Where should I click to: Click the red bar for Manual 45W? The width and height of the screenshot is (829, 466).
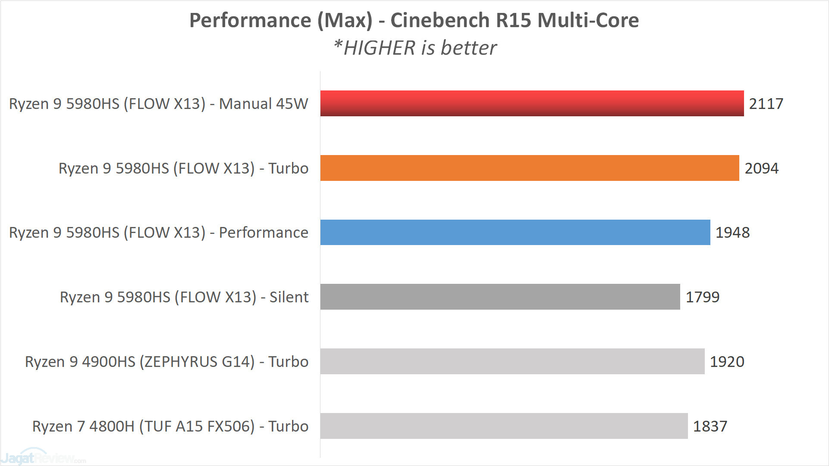point(532,103)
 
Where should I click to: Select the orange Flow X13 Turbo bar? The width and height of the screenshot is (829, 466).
point(529,168)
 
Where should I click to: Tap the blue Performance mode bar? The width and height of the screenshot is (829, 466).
point(515,233)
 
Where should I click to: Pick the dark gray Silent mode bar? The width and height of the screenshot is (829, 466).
point(500,297)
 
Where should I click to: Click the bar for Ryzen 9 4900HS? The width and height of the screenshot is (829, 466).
point(512,361)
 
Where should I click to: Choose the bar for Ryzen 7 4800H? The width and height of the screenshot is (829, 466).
point(504,426)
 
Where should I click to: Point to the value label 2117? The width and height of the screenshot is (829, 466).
point(766,104)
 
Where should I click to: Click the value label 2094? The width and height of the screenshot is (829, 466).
point(761,168)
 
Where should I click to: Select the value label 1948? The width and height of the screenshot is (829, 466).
point(732,233)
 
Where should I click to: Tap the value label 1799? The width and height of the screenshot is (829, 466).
point(702,297)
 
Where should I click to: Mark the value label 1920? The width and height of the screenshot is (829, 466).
point(727,362)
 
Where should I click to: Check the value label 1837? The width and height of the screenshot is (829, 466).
point(710,426)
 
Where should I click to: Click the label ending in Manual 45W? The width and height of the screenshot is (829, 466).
point(159,104)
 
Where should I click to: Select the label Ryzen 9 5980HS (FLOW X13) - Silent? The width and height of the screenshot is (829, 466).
point(184,297)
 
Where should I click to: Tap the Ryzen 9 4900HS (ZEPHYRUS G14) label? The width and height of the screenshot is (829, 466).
point(166,362)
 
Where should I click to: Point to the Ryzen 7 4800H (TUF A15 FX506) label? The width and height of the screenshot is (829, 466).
point(170,426)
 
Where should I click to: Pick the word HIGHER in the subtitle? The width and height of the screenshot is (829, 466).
point(379,48)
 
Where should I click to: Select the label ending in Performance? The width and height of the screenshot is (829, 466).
point(159,233)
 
